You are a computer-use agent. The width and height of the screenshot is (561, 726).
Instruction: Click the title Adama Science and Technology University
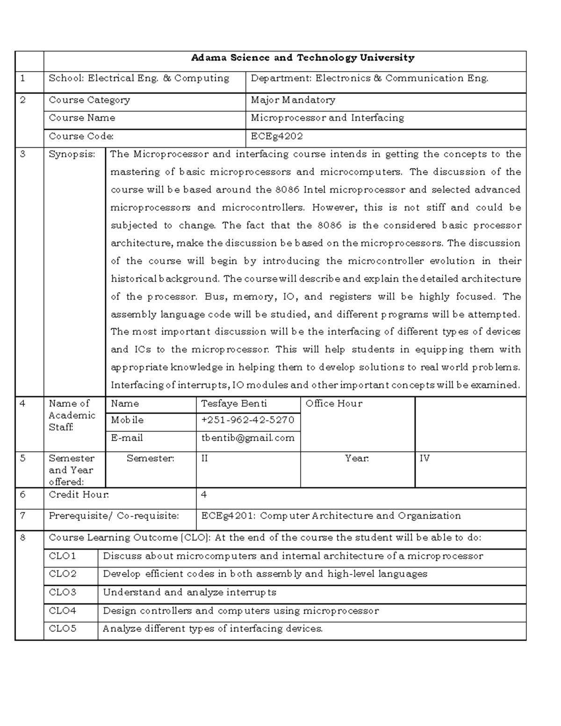coord(302,58)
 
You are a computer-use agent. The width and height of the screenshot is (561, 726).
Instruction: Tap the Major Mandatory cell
coord(293,100)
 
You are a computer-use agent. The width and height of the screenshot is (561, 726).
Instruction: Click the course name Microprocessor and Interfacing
coord(327,118)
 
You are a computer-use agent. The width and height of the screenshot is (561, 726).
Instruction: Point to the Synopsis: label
coord(72,154)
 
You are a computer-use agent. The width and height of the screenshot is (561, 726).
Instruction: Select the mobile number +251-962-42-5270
coord(247,420)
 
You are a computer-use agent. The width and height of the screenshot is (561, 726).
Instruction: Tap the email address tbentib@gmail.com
coord(247,438)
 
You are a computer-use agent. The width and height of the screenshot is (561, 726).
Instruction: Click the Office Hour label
coord(334,403)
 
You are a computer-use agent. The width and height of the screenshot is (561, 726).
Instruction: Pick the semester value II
coord(205,459)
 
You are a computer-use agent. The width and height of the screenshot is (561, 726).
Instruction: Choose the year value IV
coord(424,459)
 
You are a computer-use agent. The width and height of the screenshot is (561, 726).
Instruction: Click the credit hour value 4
coord(204,495)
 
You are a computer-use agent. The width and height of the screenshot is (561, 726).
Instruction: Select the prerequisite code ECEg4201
coord(227,516)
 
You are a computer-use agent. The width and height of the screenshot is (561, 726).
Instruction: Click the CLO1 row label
coord(63,556)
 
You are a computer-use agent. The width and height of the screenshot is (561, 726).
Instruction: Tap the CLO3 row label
coord(63,592)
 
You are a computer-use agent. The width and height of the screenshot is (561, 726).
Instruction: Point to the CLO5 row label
coord(63,629)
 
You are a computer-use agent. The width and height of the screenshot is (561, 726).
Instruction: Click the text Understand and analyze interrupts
coord(189,592)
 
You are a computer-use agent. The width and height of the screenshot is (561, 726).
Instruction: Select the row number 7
coord(23,515)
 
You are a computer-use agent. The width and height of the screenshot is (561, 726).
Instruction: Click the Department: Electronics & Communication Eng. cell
coord(369,79)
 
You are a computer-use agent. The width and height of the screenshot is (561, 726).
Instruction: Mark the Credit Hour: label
coord(79,495)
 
